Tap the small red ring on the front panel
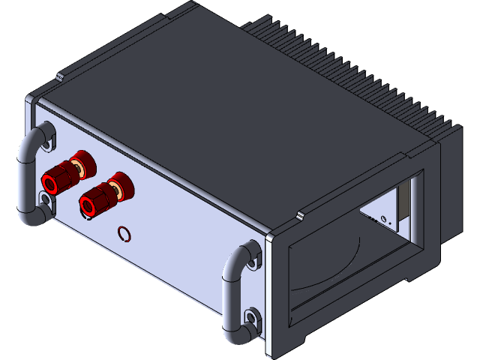[123, 235]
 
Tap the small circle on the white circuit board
[384, 219]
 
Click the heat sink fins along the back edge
[352, 75]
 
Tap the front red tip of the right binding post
[91, 202]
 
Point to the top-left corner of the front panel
[31, 98]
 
